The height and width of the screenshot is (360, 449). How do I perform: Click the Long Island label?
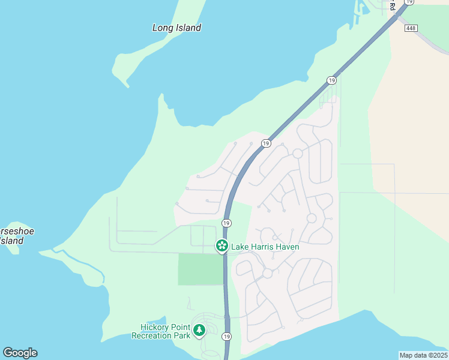point(176,28)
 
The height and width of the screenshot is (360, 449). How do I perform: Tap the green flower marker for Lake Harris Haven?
point(221,246)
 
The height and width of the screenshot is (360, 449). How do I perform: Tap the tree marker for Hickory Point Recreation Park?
point(199,330)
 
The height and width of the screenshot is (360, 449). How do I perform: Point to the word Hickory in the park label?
point(156,327)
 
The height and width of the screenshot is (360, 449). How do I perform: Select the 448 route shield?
point(411,28)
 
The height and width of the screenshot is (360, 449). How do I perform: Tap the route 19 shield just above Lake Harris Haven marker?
point(226,223)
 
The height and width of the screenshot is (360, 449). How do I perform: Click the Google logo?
point(20,353)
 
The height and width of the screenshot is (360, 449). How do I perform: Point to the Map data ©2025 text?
point(424,355)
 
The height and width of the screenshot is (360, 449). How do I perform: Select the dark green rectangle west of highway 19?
point(200,269)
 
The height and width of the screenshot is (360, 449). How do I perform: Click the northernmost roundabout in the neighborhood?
point(297,154)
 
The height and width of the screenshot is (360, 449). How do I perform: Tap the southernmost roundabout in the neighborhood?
point(267,274)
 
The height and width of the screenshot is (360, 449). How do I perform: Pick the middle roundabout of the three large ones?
point(312,218)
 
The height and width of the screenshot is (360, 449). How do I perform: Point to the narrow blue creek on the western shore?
point(84,264)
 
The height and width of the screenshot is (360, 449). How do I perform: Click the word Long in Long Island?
point(163,28)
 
